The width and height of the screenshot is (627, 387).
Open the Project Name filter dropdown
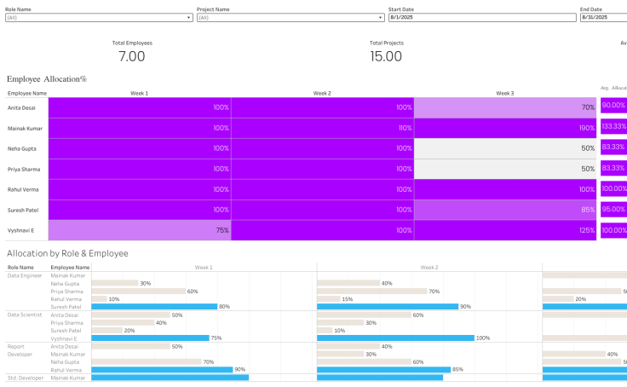pos(290,17)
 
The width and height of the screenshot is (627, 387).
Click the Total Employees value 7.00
pos(131,56)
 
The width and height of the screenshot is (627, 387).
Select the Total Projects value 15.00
pos(386,56)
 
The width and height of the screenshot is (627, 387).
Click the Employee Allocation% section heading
pos(47,78)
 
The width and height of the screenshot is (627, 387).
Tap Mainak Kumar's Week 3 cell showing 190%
pos(505,128)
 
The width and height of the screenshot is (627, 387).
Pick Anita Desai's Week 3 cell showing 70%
pos(505,107)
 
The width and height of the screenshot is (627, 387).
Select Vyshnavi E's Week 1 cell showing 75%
pos(139,230)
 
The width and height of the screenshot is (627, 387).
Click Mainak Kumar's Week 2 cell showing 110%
pos(322,128)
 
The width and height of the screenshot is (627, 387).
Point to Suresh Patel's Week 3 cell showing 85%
pos(505,210)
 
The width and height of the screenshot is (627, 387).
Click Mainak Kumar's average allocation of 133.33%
pos(613,126)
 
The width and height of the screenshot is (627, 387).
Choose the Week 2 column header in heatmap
pos(322,93)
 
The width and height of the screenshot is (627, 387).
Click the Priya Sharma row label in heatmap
pos(24,169)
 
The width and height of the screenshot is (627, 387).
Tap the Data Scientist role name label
pos(25,315)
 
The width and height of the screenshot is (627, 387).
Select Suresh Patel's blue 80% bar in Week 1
pos(154,306)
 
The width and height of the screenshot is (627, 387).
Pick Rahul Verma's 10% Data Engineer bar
pos(99,299)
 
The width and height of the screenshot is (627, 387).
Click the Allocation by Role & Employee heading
pos(67,253)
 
